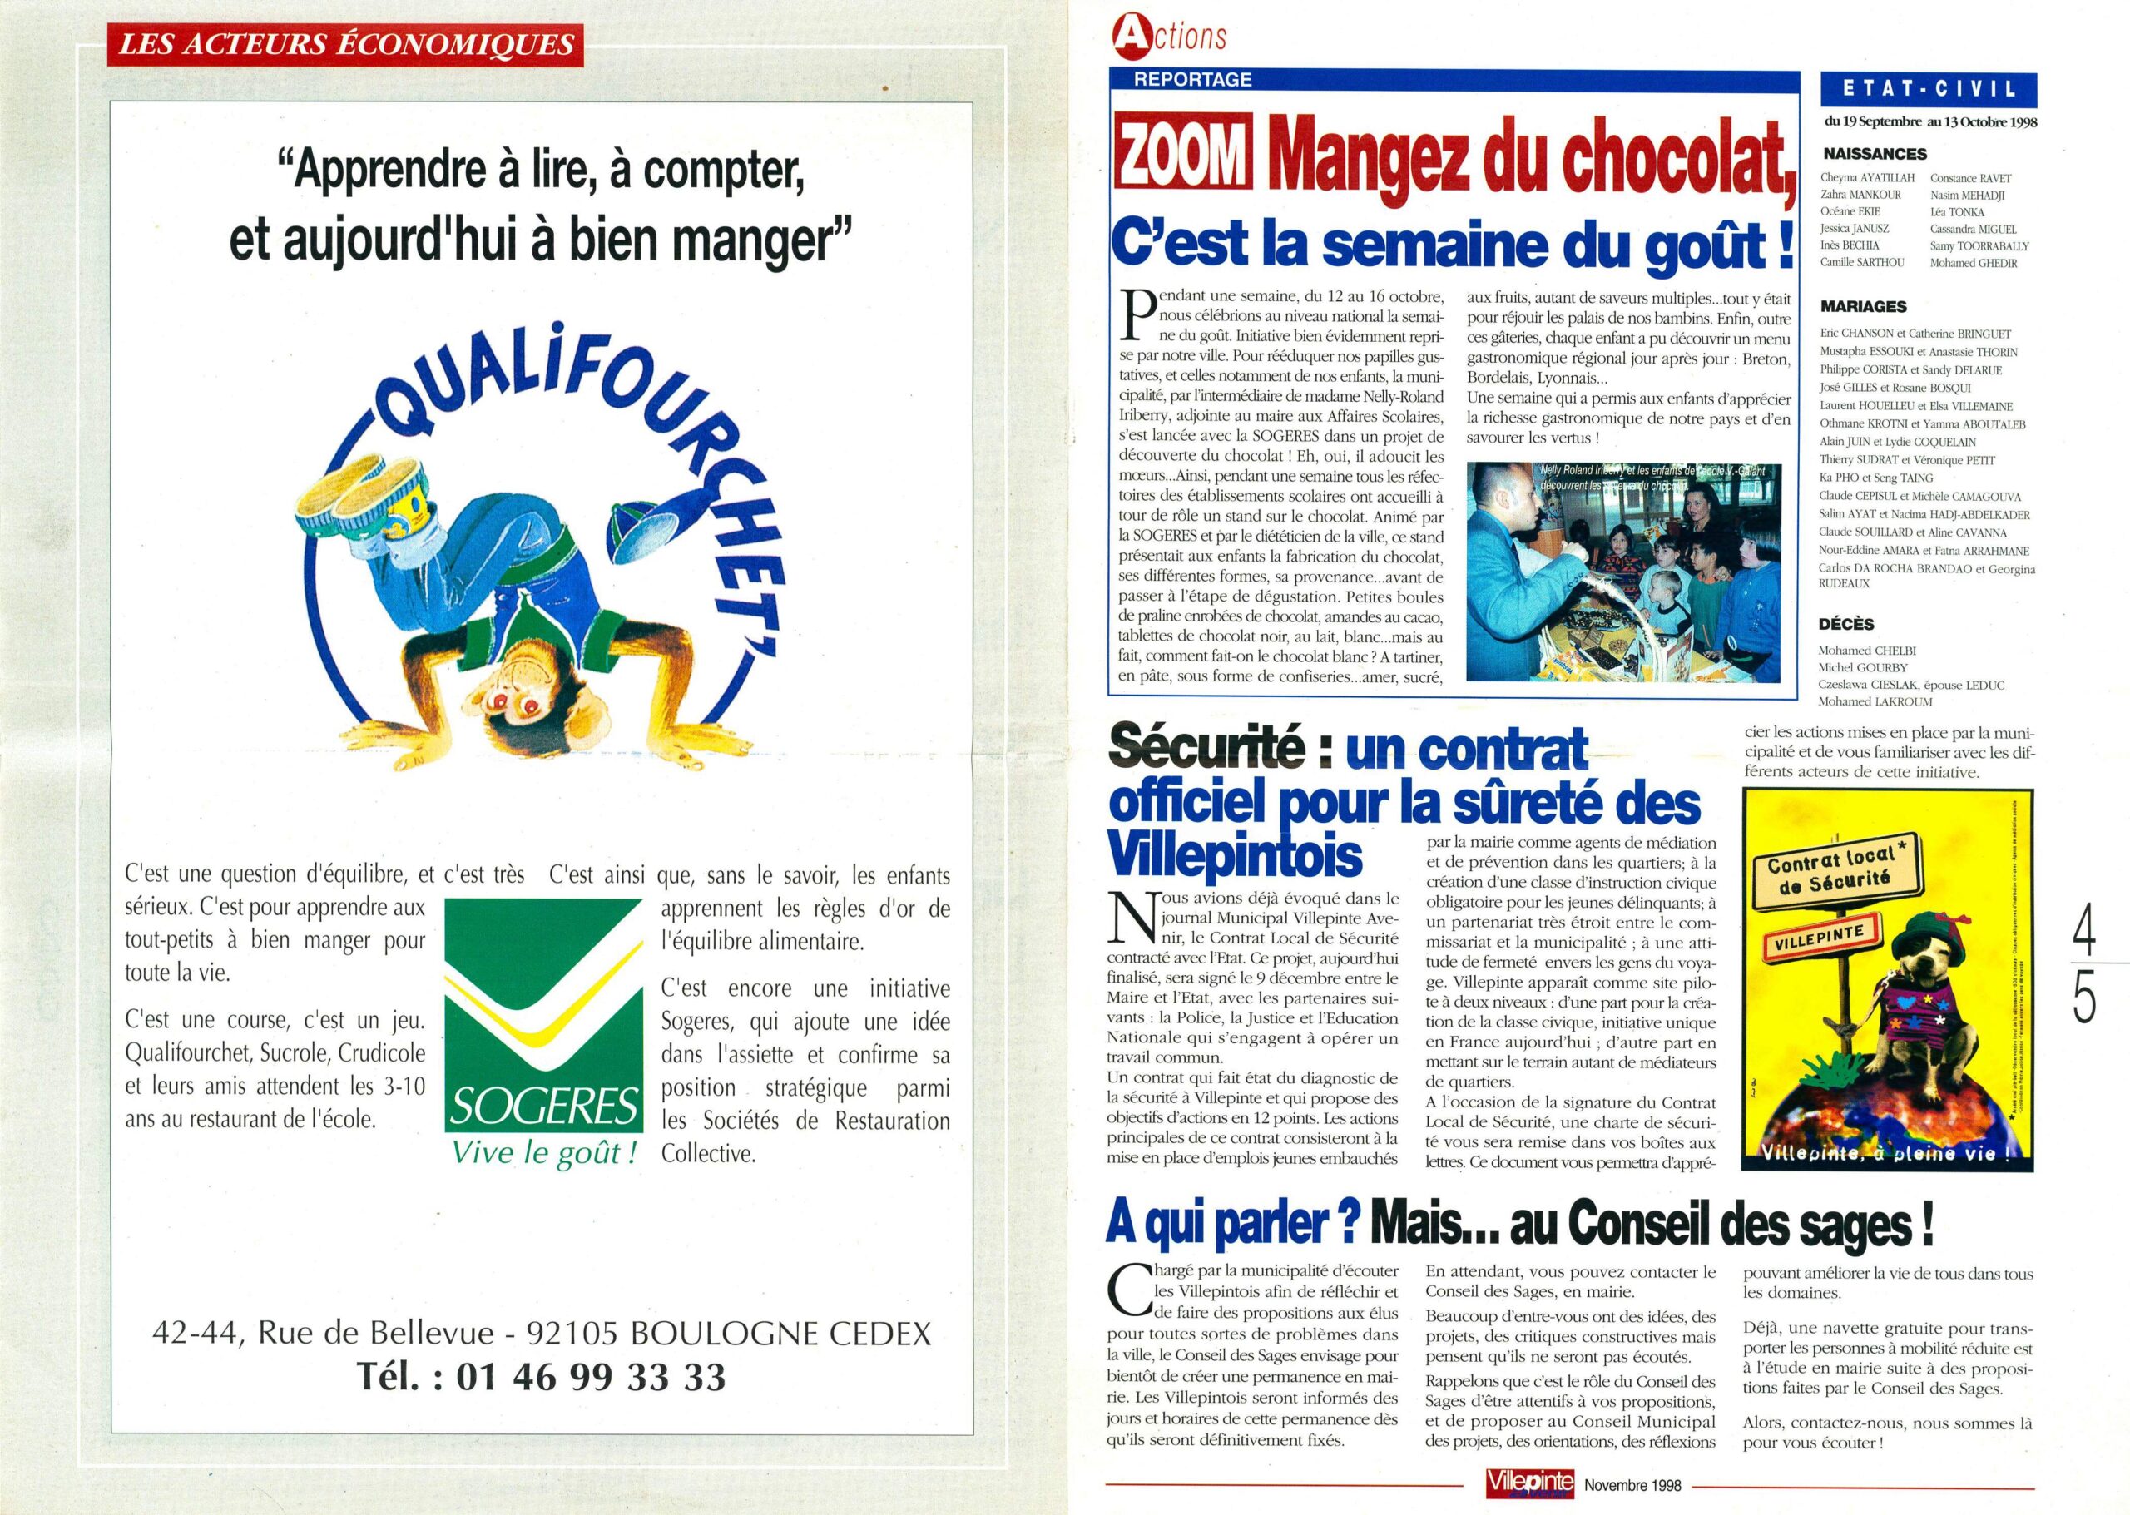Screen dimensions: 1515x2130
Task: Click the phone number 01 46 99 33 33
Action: pos(591,1376)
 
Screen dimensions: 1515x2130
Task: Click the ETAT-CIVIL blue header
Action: pos(1929,90)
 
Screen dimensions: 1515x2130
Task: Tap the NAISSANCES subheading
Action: pos(1874,154)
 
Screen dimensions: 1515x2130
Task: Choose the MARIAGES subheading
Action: pos(1863,306)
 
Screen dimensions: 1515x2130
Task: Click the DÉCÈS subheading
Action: pos(1846,624)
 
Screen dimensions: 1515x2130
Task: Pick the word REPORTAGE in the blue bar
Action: pos(1192,79)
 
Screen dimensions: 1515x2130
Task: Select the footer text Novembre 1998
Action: pos(1632,1484)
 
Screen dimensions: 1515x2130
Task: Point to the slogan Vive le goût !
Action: pos(544,1153)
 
